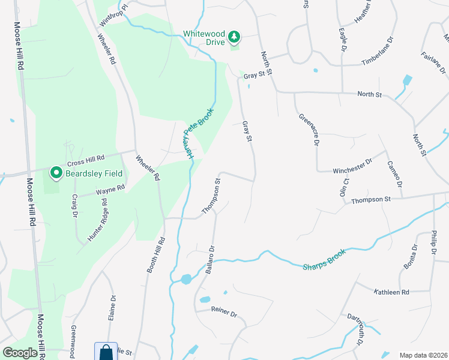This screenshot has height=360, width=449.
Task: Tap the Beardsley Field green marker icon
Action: click(57, 173)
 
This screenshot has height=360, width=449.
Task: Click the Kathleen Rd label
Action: click(391, 292)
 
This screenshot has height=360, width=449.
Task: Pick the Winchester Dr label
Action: click(352, 166)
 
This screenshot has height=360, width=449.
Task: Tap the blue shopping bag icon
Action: click(105, 352)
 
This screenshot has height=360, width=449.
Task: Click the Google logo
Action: click(20, 353)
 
